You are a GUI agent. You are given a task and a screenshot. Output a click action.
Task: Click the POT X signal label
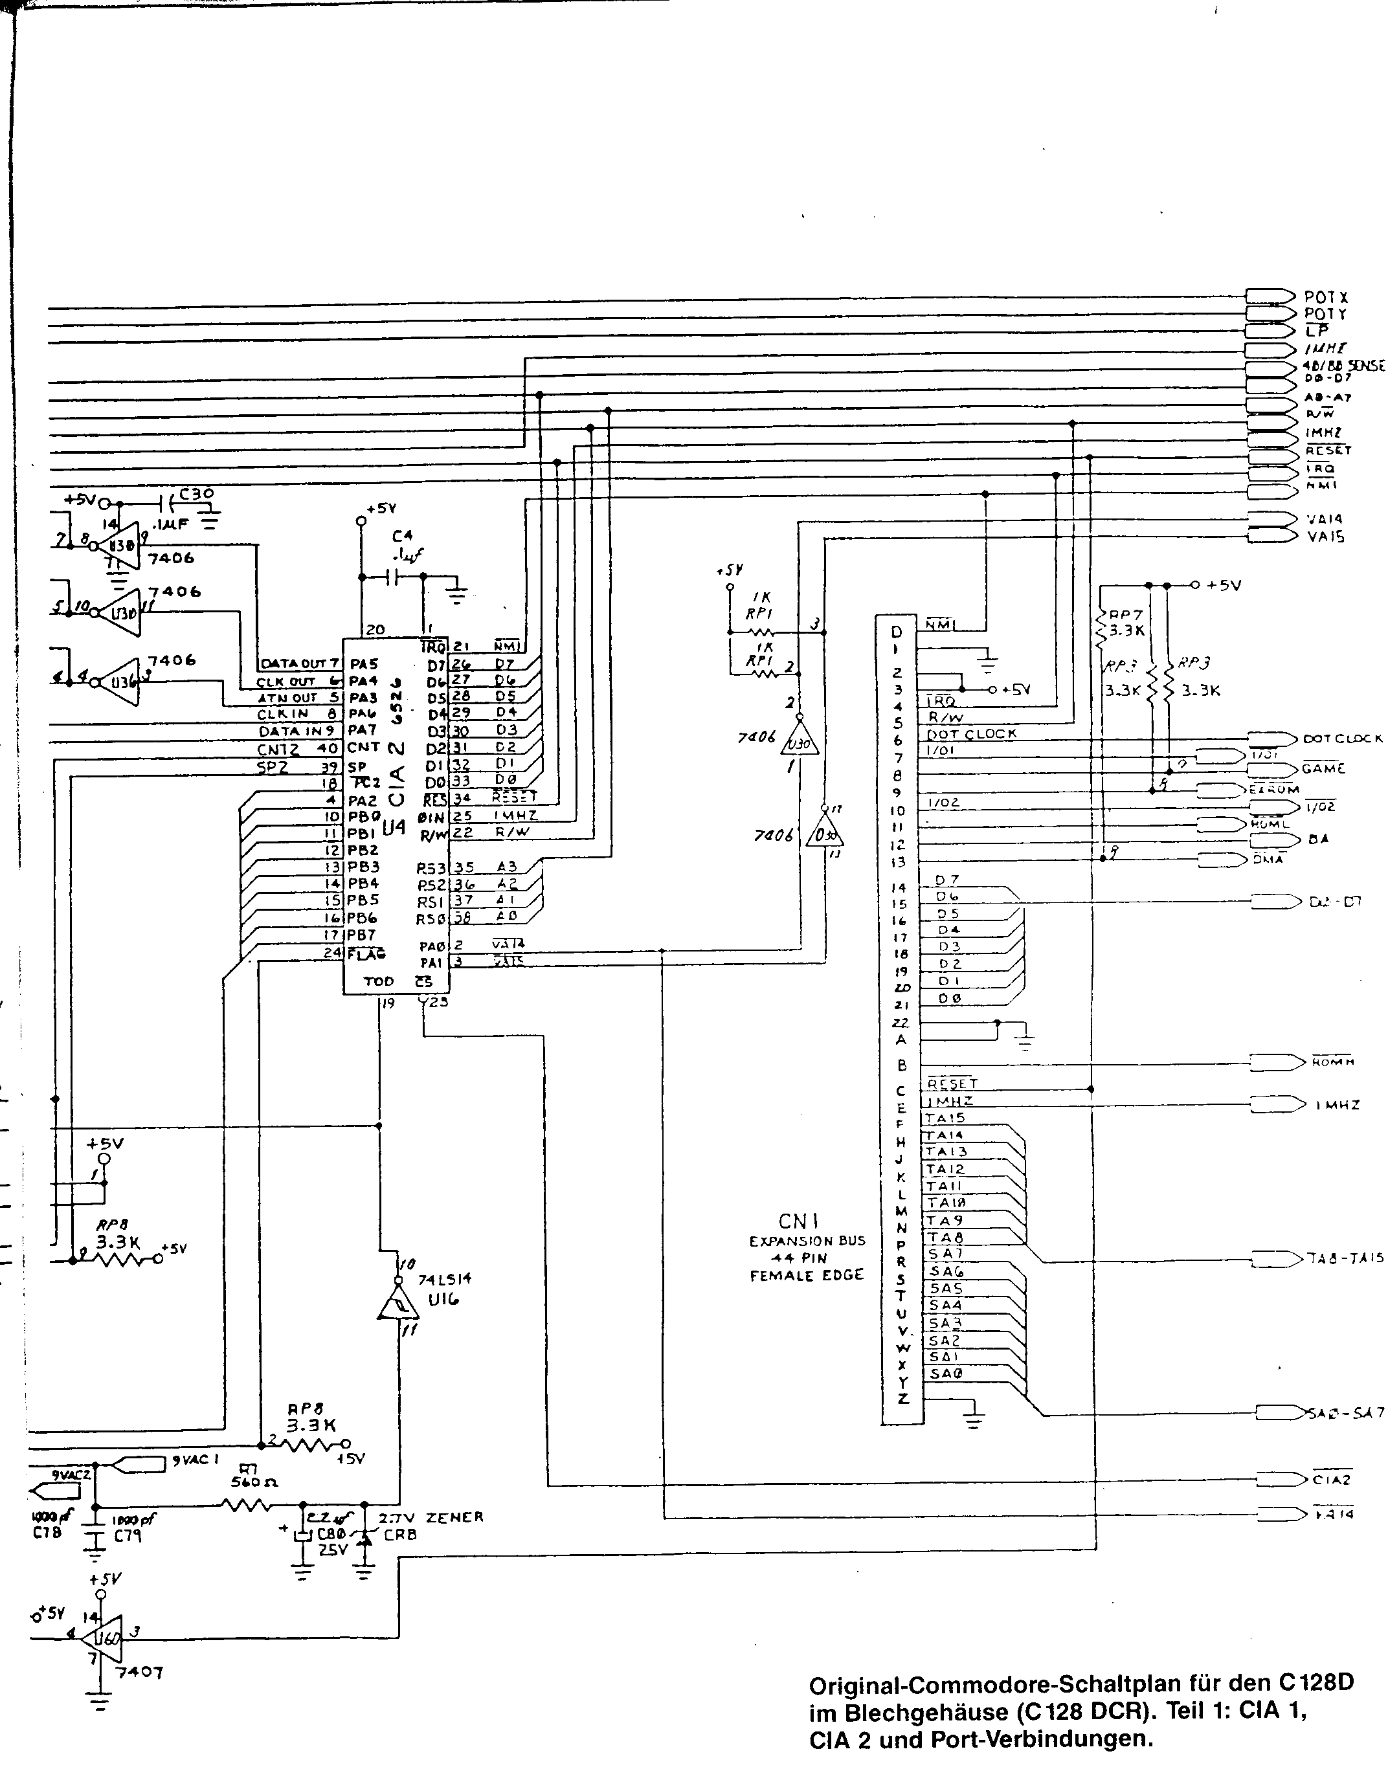click(1325, 298)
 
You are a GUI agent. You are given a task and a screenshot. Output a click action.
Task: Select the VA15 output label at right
click(1325, 537)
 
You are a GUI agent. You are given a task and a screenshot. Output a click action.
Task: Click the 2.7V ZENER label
click(431, 1517)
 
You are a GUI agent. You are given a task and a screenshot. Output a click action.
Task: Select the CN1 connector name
click(799, 1221)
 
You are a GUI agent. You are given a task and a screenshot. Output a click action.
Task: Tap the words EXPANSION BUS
click(807, 1241)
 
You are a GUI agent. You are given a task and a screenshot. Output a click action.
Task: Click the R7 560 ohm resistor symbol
click(246, 1506)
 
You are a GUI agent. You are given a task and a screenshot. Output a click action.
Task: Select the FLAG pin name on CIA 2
click(366, 953)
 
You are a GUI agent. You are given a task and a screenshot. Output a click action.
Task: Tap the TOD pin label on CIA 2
click(378, 982)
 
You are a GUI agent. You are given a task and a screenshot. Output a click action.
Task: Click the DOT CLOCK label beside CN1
click(971, 734)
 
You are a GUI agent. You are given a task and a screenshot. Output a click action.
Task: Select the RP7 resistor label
click(1126, 615)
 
